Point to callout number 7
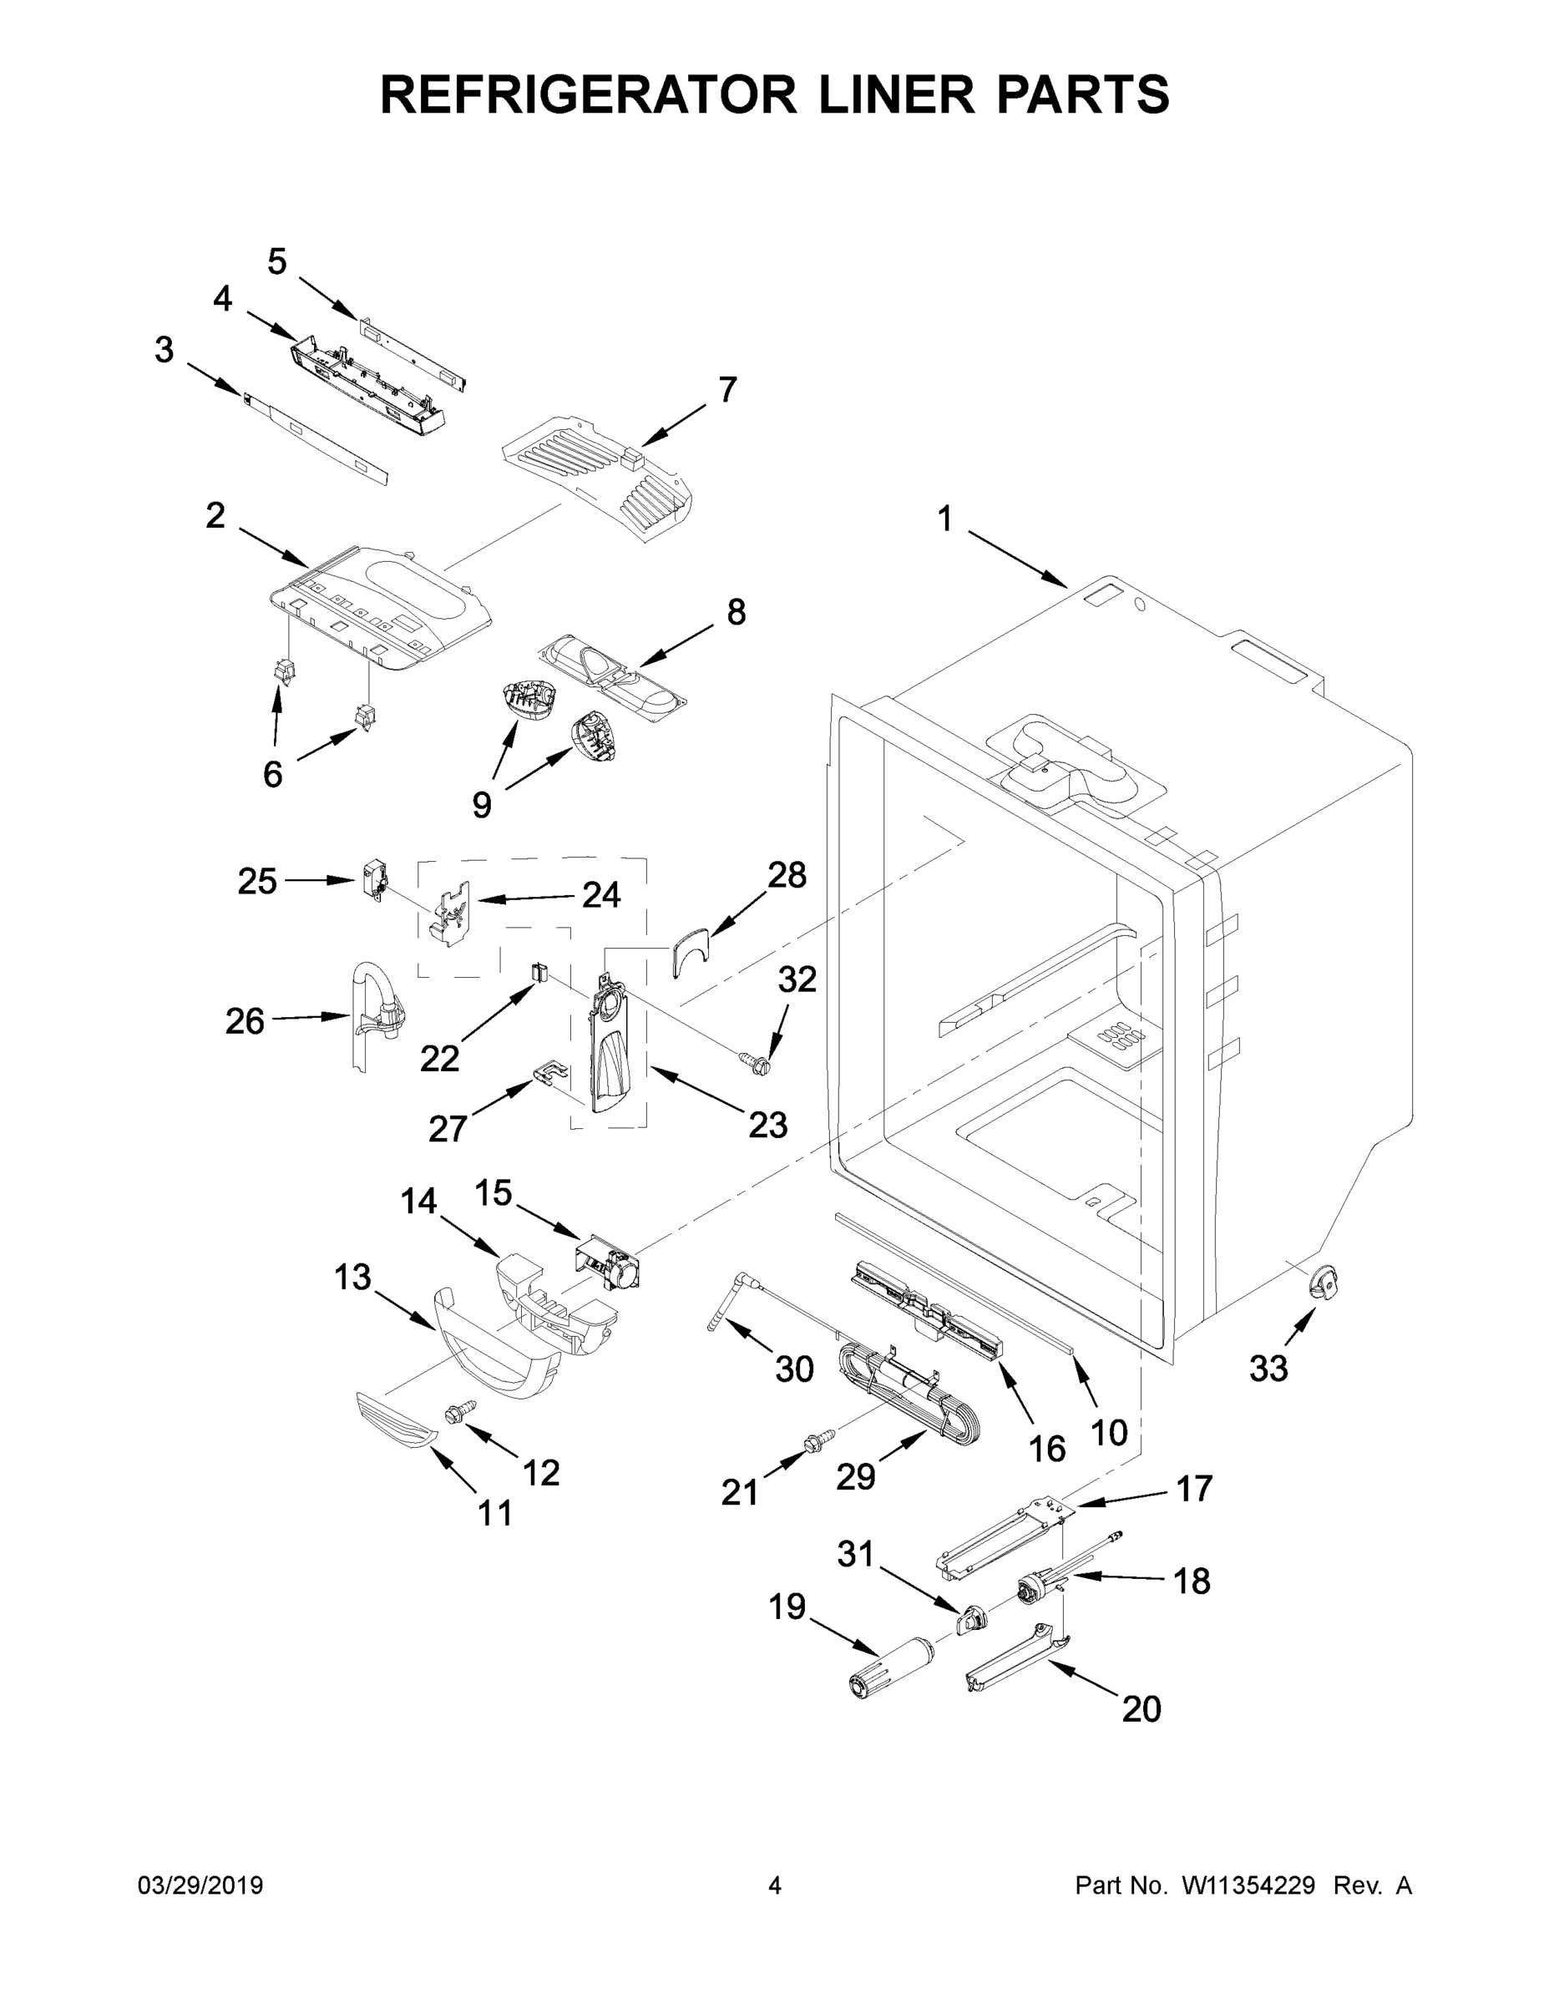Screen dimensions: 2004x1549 [x=726, y=389]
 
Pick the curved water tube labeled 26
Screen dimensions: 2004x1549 [x=372, y=1012]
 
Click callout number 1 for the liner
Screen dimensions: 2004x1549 [x=945, y=519]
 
